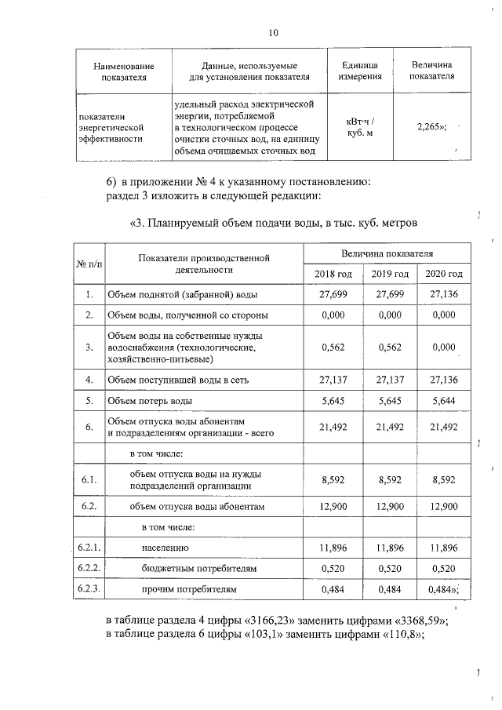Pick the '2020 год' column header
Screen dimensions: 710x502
click(443, 274)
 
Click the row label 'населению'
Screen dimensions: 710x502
click(166, 547)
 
